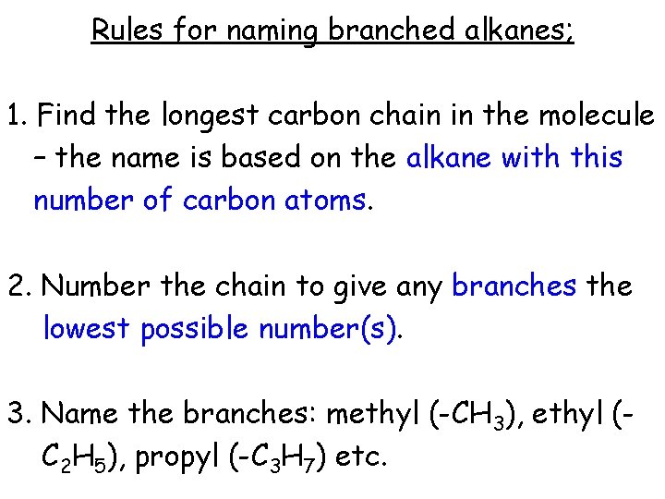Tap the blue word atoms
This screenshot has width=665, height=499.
[328, 200]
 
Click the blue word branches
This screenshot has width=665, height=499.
[514, 286]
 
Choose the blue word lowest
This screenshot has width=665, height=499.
[87, 328]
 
